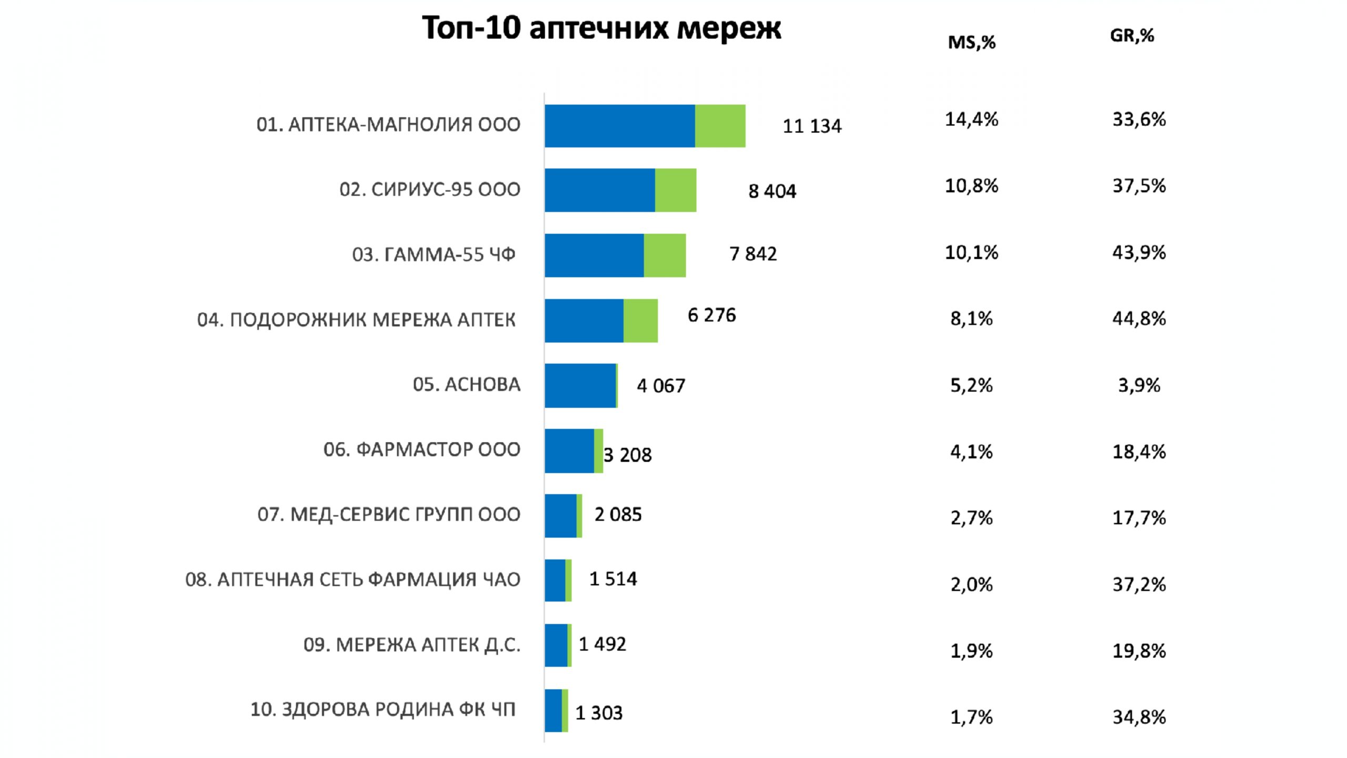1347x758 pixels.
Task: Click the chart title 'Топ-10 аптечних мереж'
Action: click(x=601, y=28)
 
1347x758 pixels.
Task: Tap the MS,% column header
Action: click(x=971, y=42)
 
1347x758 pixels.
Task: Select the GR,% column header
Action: click(x=1132, y=36)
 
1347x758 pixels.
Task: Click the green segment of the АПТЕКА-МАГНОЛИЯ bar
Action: click(x=720, y=126)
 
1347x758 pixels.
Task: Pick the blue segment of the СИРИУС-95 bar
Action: click(x=599, y=190)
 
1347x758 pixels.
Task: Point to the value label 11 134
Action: click(x=812, y=126)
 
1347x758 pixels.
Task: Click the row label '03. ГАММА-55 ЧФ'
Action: click(x=434, y=255)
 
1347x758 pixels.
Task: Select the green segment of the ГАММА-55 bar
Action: click(x=665, y=255)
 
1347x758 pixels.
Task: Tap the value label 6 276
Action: click(x=711, y=315)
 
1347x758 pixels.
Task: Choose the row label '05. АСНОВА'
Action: click(x=466, y=385)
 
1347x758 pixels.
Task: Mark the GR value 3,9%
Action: click(x=1139, y=385)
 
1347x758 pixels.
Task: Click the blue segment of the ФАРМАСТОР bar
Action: click(x=569, y=451)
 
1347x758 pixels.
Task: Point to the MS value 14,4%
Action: click(x=971, y=119)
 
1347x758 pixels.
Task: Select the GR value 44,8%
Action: click(x=1139, y=318)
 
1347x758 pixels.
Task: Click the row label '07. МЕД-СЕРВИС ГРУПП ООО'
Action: click(x=389, y=514)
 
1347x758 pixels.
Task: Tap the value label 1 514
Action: click(x=613, y=579)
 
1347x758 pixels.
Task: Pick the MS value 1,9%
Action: click(x=971, y=651)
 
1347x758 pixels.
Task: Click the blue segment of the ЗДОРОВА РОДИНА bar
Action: click(x=553, y=711)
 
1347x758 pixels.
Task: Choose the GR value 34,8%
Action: click(x=1139, y=717)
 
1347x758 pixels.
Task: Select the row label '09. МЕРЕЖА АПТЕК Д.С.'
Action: click(x=412, y=645)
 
